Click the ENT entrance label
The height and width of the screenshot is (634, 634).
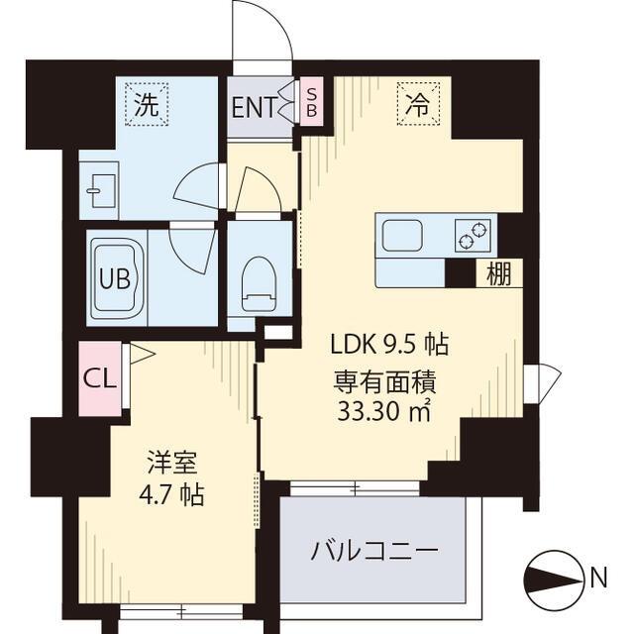click(x=253, y=107)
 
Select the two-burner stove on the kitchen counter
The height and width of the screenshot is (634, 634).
click(x=473, y=236)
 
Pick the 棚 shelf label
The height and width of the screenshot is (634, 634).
click(x=499, y=274)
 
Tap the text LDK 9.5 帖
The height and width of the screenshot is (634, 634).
click(x=389, y=345)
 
